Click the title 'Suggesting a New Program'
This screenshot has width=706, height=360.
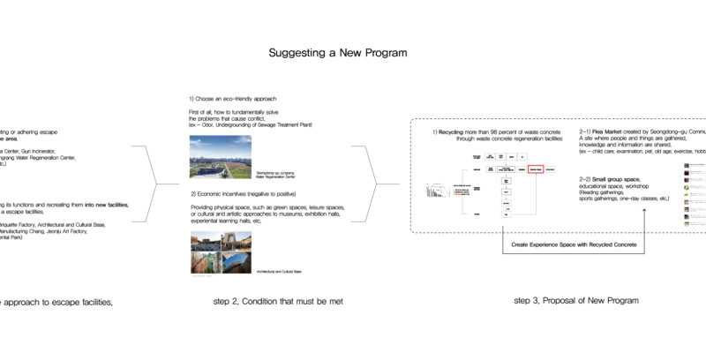point(338,53)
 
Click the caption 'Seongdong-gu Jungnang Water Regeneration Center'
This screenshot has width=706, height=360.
point(276,174)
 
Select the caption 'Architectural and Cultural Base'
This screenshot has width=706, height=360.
point(280,271)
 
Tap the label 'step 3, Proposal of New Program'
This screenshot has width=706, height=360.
point(575,302)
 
